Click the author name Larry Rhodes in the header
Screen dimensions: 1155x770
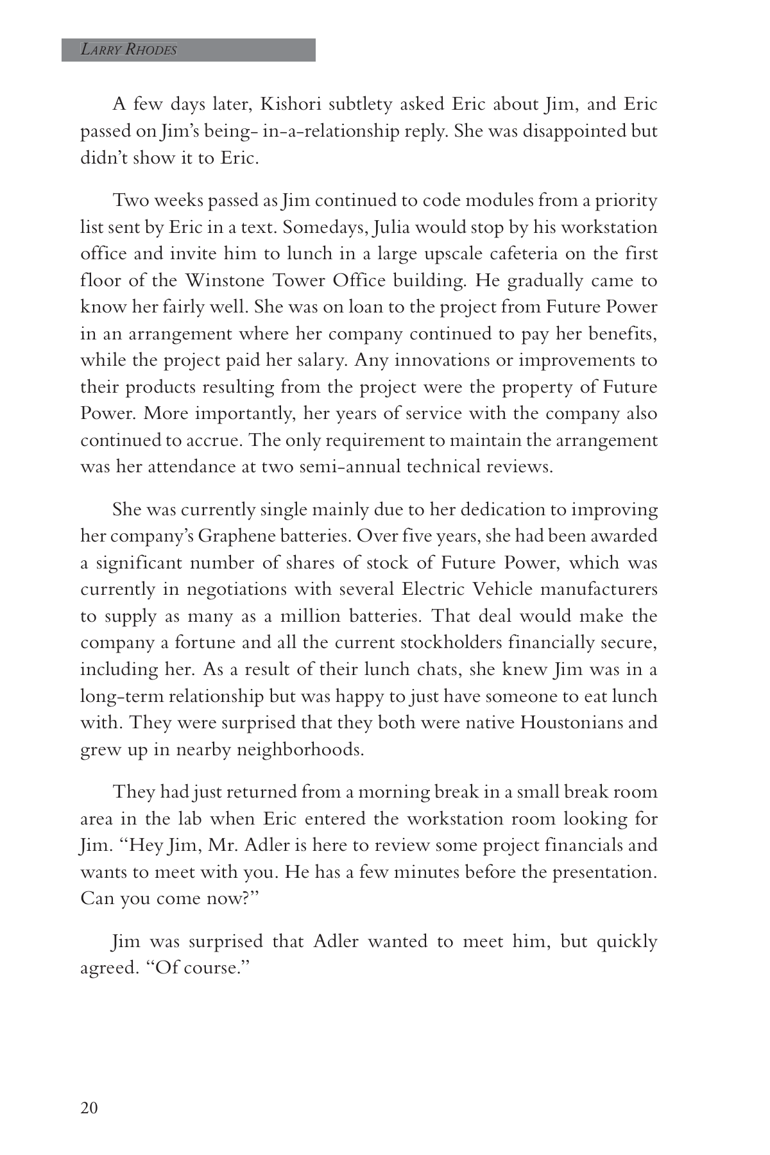point(128,50)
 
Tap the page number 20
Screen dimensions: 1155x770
point(89,1108)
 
